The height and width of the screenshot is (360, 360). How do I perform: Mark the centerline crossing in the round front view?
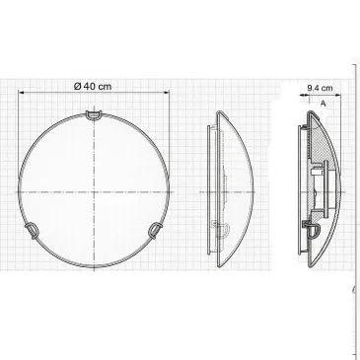94,189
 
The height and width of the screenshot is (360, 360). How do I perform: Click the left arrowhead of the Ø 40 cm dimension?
19,94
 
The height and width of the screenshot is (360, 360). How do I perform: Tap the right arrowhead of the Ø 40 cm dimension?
170,94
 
